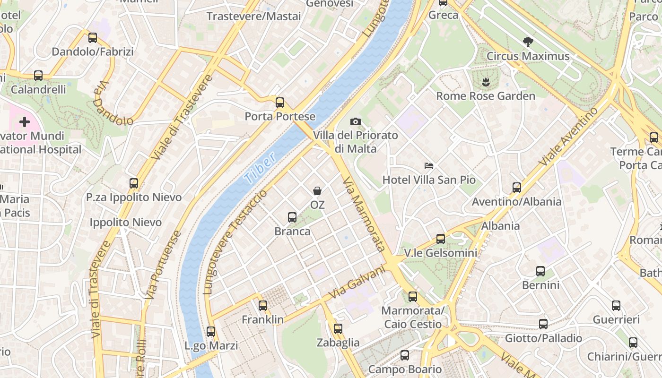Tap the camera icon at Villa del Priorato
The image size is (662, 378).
356,122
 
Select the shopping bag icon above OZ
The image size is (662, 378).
317,191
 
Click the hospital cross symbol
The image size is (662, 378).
25,122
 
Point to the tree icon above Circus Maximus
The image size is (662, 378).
528,42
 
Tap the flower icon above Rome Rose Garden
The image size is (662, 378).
485,82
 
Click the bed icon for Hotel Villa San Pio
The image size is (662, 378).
429,166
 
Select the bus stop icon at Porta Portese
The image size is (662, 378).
280,102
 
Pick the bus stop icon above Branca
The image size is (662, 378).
292,217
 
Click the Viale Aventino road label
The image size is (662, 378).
568,136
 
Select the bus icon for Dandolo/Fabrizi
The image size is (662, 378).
93,38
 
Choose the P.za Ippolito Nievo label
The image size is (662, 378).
134,198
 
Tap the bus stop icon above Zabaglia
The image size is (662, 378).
338,329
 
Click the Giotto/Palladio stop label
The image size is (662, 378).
543,338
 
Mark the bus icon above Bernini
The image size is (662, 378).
540,271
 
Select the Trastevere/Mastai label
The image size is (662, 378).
253,16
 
